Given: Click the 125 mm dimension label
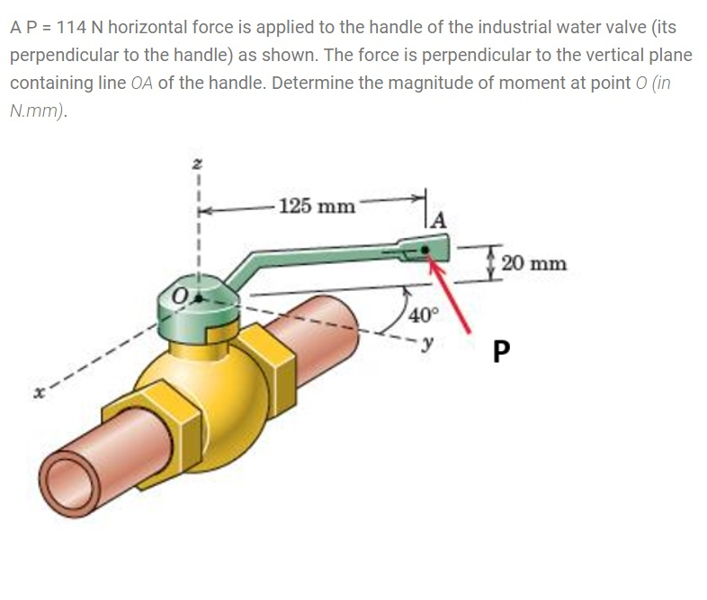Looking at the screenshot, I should [317, 206].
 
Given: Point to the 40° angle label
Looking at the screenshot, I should [421, 315].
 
